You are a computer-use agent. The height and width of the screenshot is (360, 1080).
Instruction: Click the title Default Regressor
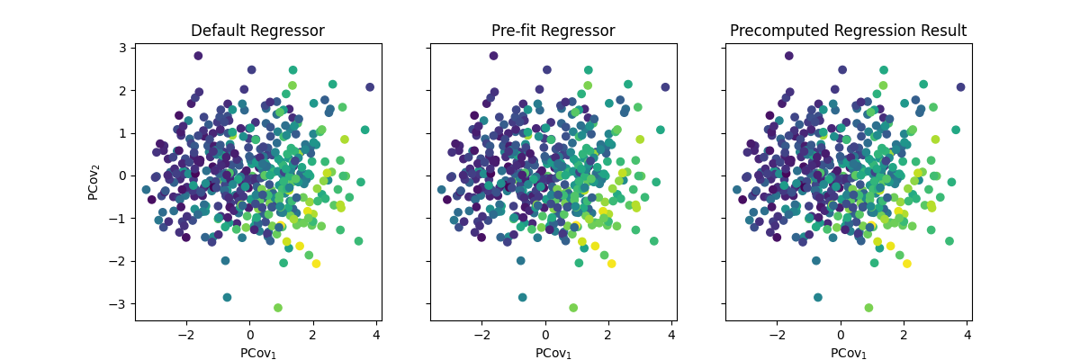tap(257, 31)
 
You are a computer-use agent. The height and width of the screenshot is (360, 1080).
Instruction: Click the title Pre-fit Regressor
tap(553, 31)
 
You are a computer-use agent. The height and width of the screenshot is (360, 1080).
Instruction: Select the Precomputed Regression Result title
tap(848, 31)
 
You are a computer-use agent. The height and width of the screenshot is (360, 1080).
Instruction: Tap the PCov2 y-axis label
tap(94, 181)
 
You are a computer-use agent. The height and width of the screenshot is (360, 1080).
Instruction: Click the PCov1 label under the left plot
tap(257, 353)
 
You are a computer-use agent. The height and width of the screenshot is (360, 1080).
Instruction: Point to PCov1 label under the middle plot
tap(553, 353)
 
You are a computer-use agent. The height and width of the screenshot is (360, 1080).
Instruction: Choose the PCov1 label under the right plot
tap(848, 353)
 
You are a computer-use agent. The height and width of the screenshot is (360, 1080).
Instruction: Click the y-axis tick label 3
tap(124, 48)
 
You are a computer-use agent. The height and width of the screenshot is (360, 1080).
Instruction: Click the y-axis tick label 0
tap(124, 175)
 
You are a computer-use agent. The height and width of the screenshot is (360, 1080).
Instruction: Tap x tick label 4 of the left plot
tap(376, 335)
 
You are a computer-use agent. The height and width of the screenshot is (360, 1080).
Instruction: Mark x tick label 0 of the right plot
tap(841, 335)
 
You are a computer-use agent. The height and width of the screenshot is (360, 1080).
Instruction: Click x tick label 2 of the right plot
tap(904, 335)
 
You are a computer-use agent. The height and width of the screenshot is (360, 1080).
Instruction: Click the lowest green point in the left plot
tap(278, 308)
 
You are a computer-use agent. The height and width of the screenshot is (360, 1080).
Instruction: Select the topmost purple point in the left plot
tap(198, 56)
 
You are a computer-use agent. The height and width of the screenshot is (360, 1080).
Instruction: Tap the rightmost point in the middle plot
tap(665, 87)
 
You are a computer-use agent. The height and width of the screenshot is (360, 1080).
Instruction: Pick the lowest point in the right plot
tap(868, 308)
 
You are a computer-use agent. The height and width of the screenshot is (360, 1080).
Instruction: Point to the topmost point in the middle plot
tap(493, 56)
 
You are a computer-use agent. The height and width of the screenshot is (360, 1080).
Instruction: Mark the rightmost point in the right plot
tap(960, 87)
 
